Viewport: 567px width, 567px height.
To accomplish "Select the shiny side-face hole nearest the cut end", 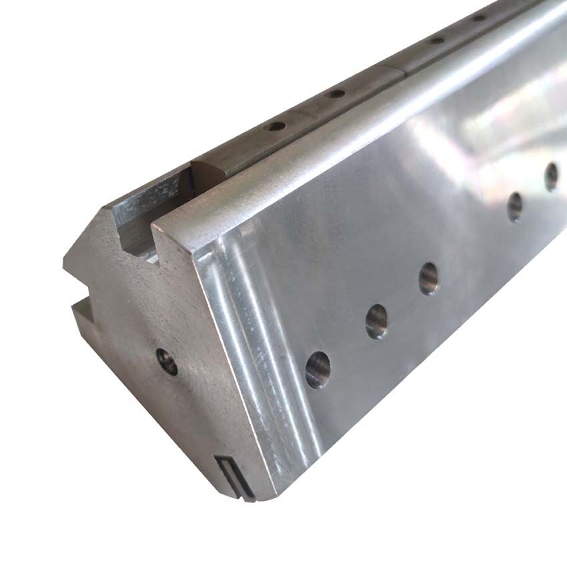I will pos(318,370).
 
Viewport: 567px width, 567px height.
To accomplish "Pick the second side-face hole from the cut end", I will pos(376,321).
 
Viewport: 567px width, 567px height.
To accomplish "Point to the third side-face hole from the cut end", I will pos(428,278).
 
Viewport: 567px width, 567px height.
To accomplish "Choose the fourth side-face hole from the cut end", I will pos(514,206).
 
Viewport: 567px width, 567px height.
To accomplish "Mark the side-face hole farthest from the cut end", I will pos(551,177).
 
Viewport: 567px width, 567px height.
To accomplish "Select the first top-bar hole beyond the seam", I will pos(437,40).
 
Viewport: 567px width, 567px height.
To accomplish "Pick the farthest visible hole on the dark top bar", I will pos(478,17).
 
